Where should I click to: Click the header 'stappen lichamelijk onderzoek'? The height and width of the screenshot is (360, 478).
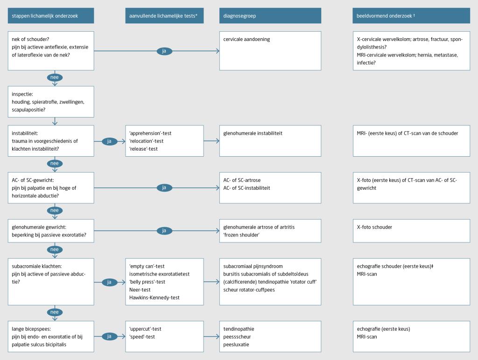[45, 16]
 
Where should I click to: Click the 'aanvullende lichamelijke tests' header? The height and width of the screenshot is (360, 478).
[163, 16]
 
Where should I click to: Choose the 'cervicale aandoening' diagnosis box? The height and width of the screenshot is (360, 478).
[270, 50]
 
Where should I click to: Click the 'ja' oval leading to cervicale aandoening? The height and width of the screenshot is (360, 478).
[164, 51]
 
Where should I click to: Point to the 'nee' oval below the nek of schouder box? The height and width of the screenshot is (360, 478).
[55, 77]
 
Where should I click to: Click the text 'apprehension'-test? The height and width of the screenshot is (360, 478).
[150, 133]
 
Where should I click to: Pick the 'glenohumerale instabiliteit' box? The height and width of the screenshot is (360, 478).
[270, 140]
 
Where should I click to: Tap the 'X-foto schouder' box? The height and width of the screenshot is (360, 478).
[411, 230]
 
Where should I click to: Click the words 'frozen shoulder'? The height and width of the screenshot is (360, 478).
[241, 235]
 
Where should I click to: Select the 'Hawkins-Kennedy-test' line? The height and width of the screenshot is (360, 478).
[155, 298]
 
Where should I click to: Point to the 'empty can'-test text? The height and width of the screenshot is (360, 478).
[147, 266]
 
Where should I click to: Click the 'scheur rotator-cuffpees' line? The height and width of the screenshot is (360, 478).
[249, 290]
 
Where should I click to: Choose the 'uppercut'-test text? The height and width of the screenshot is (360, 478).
[145, 329]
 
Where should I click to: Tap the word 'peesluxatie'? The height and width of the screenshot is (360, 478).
[236, 345]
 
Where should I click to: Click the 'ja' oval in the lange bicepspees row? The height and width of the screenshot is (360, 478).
[109, 336]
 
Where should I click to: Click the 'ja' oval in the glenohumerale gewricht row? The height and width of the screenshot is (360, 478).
[164, 230]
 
